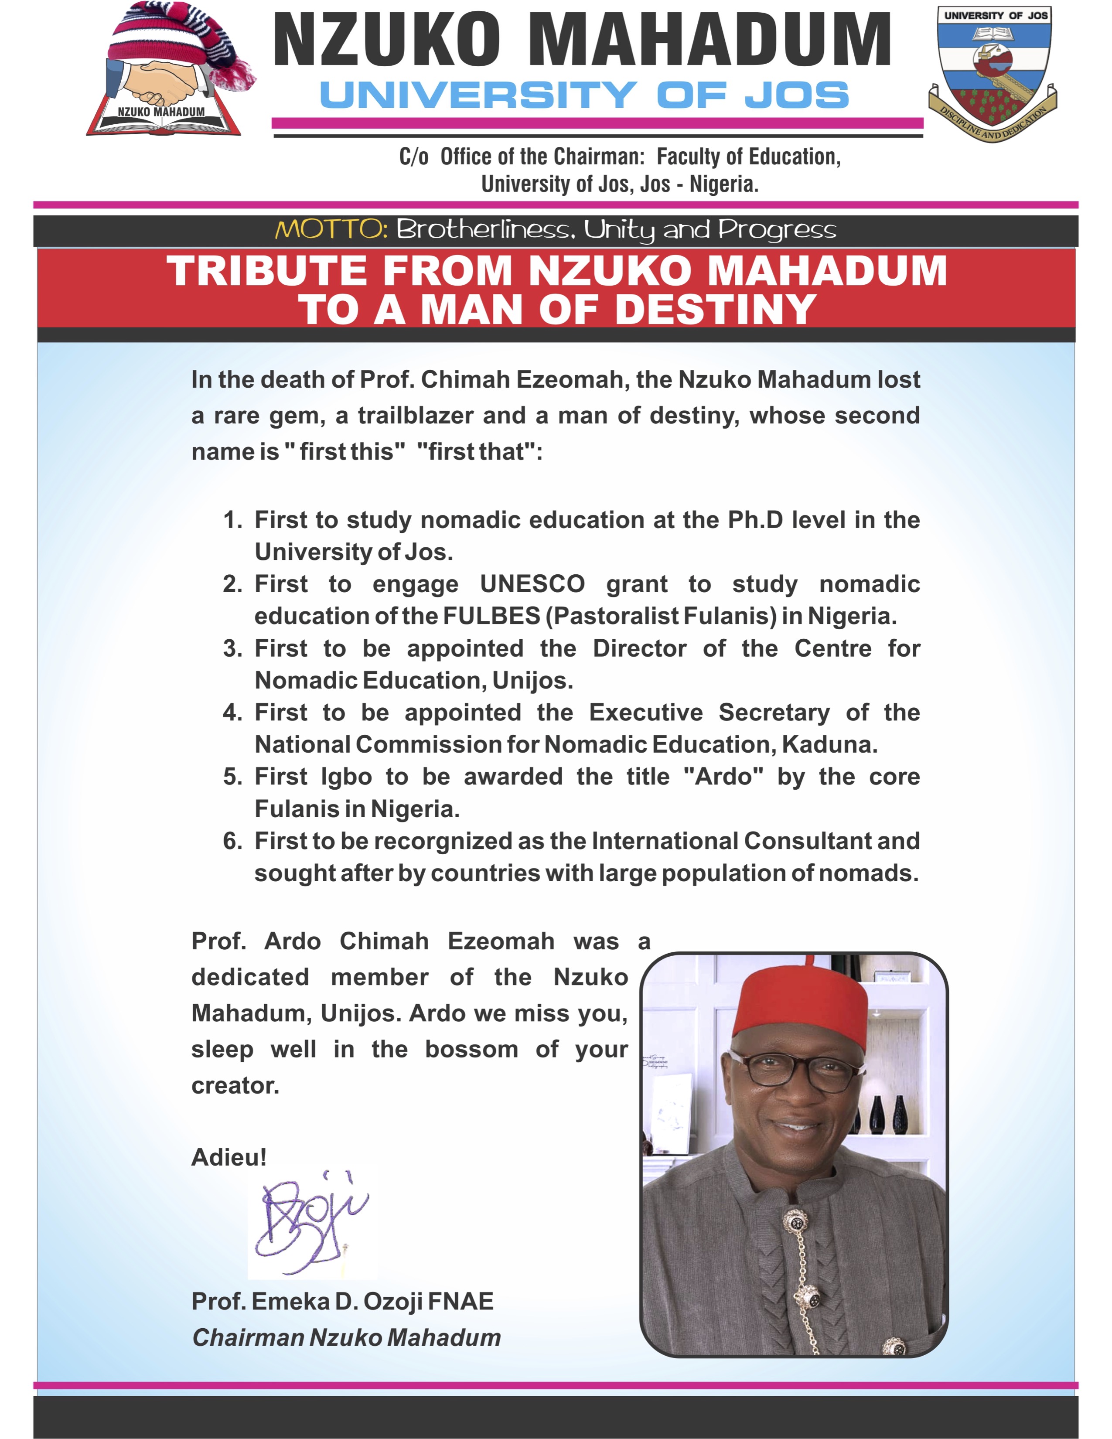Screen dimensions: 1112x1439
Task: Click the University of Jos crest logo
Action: (x=993, y=72)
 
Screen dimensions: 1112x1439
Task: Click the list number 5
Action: (x=232, y=776)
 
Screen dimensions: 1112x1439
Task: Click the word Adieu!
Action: (x=229, y=1157)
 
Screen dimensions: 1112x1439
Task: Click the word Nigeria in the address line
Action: (x=724, y=184)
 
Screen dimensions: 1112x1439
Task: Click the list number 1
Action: (x=232, y=520)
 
